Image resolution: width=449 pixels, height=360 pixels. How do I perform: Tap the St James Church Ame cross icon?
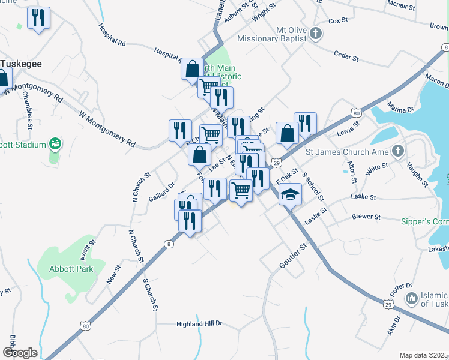(397, 151)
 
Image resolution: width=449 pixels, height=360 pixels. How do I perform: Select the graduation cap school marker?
(290, 195)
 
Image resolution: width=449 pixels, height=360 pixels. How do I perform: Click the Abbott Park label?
(71, 269)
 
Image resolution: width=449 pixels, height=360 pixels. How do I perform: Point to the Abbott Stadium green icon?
(55, 144)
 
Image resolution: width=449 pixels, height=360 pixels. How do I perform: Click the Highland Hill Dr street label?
(199, 324)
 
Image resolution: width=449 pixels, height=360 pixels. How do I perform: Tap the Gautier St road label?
(293, 256)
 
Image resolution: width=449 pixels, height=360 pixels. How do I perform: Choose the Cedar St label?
(346, 55)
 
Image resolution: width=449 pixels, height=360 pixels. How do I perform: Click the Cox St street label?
(338, 20)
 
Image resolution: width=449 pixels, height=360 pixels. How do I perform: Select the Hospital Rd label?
(112, 36)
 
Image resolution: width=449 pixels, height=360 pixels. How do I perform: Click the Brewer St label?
(366, 217)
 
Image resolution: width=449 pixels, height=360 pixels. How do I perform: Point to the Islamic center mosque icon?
(411, 298)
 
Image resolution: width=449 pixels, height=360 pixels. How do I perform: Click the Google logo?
(19, 353)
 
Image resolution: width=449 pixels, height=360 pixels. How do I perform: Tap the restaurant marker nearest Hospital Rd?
(39, 17)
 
